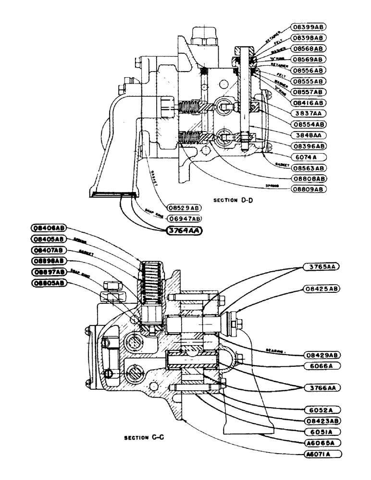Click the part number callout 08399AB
click(309, 26)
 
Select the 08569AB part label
click(309, 59)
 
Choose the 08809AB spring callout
click(309, 189)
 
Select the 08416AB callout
click(309, 103)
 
